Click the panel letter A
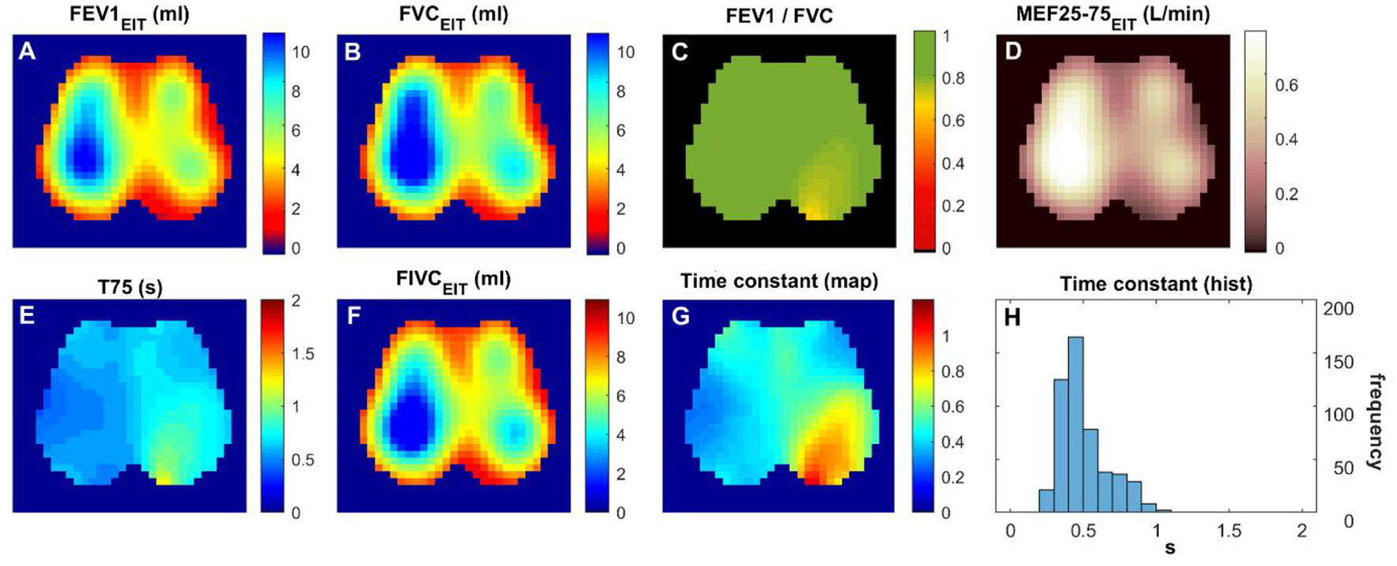coord(28,51)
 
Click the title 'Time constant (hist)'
coord(1155,284)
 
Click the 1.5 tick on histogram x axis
coord(1229,531)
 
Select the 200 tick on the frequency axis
coord(1338,309)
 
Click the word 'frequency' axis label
coord(1375,421)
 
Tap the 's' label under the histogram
coord(1169,548)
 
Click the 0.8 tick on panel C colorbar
coord(953,79)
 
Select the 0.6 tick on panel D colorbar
coord(1287,85)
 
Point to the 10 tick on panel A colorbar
coord(300,52)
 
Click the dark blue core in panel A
coord(84,155)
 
